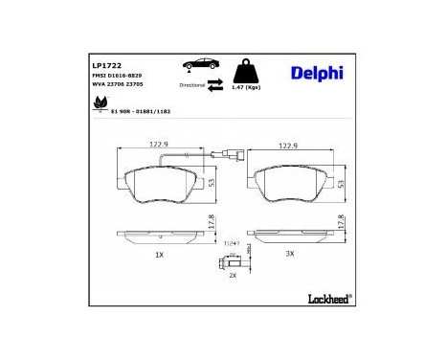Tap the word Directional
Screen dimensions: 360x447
pyautogui.click(x=192, y=85)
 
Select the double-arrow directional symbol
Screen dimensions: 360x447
pyautogui.click(x=216, y=84)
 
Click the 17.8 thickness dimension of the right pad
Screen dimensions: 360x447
pyautogui.click(x=342, y=222)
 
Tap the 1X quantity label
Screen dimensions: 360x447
pyautogui.click(x=159, y=256)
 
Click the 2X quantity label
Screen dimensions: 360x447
pyautogui.click(x=232, y=275)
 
